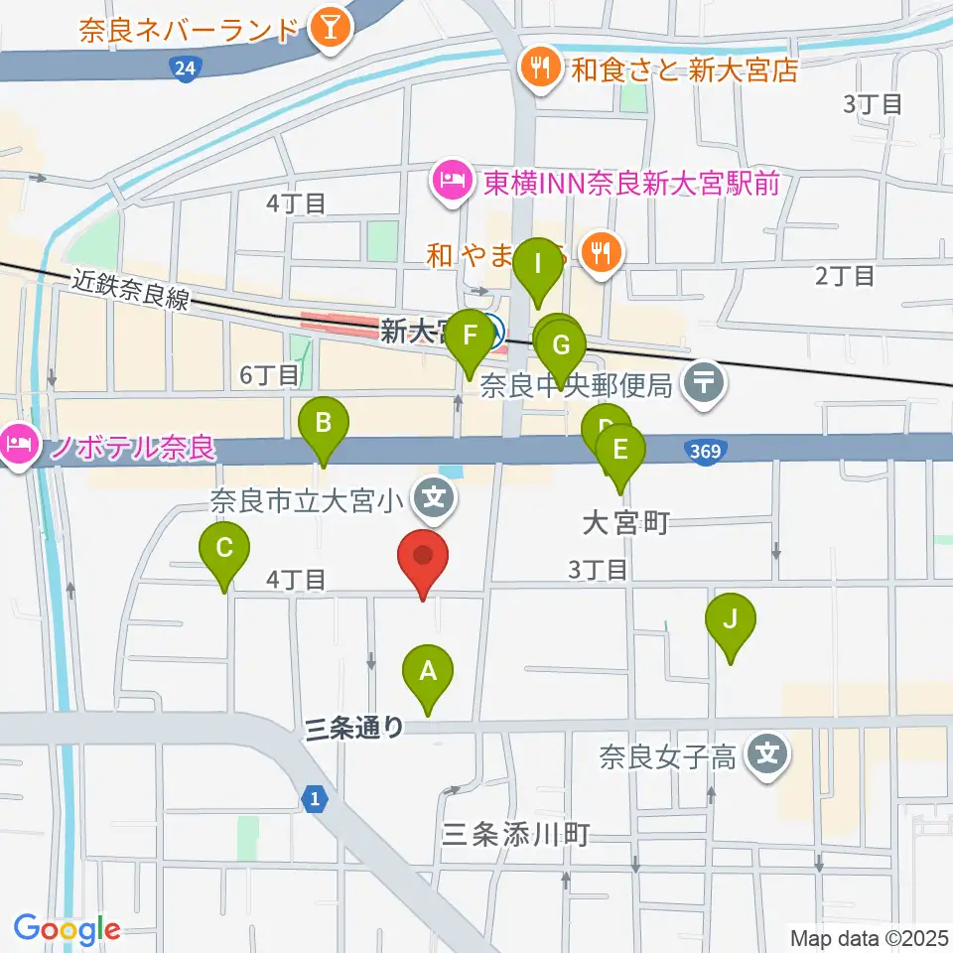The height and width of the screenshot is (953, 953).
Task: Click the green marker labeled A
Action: [428, 673]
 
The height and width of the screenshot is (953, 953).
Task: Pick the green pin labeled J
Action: [731, 621]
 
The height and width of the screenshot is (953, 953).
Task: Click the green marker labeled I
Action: [538, 267]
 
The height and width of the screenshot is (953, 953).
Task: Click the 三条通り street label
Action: [354, 729]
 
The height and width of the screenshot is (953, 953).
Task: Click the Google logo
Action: [67, 929]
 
